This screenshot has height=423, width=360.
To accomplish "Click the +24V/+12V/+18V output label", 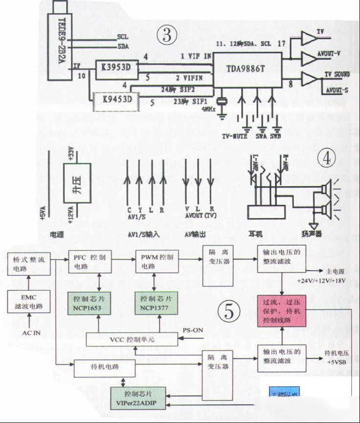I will tap(321, 281).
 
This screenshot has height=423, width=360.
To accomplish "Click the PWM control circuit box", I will tap(154, 262).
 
